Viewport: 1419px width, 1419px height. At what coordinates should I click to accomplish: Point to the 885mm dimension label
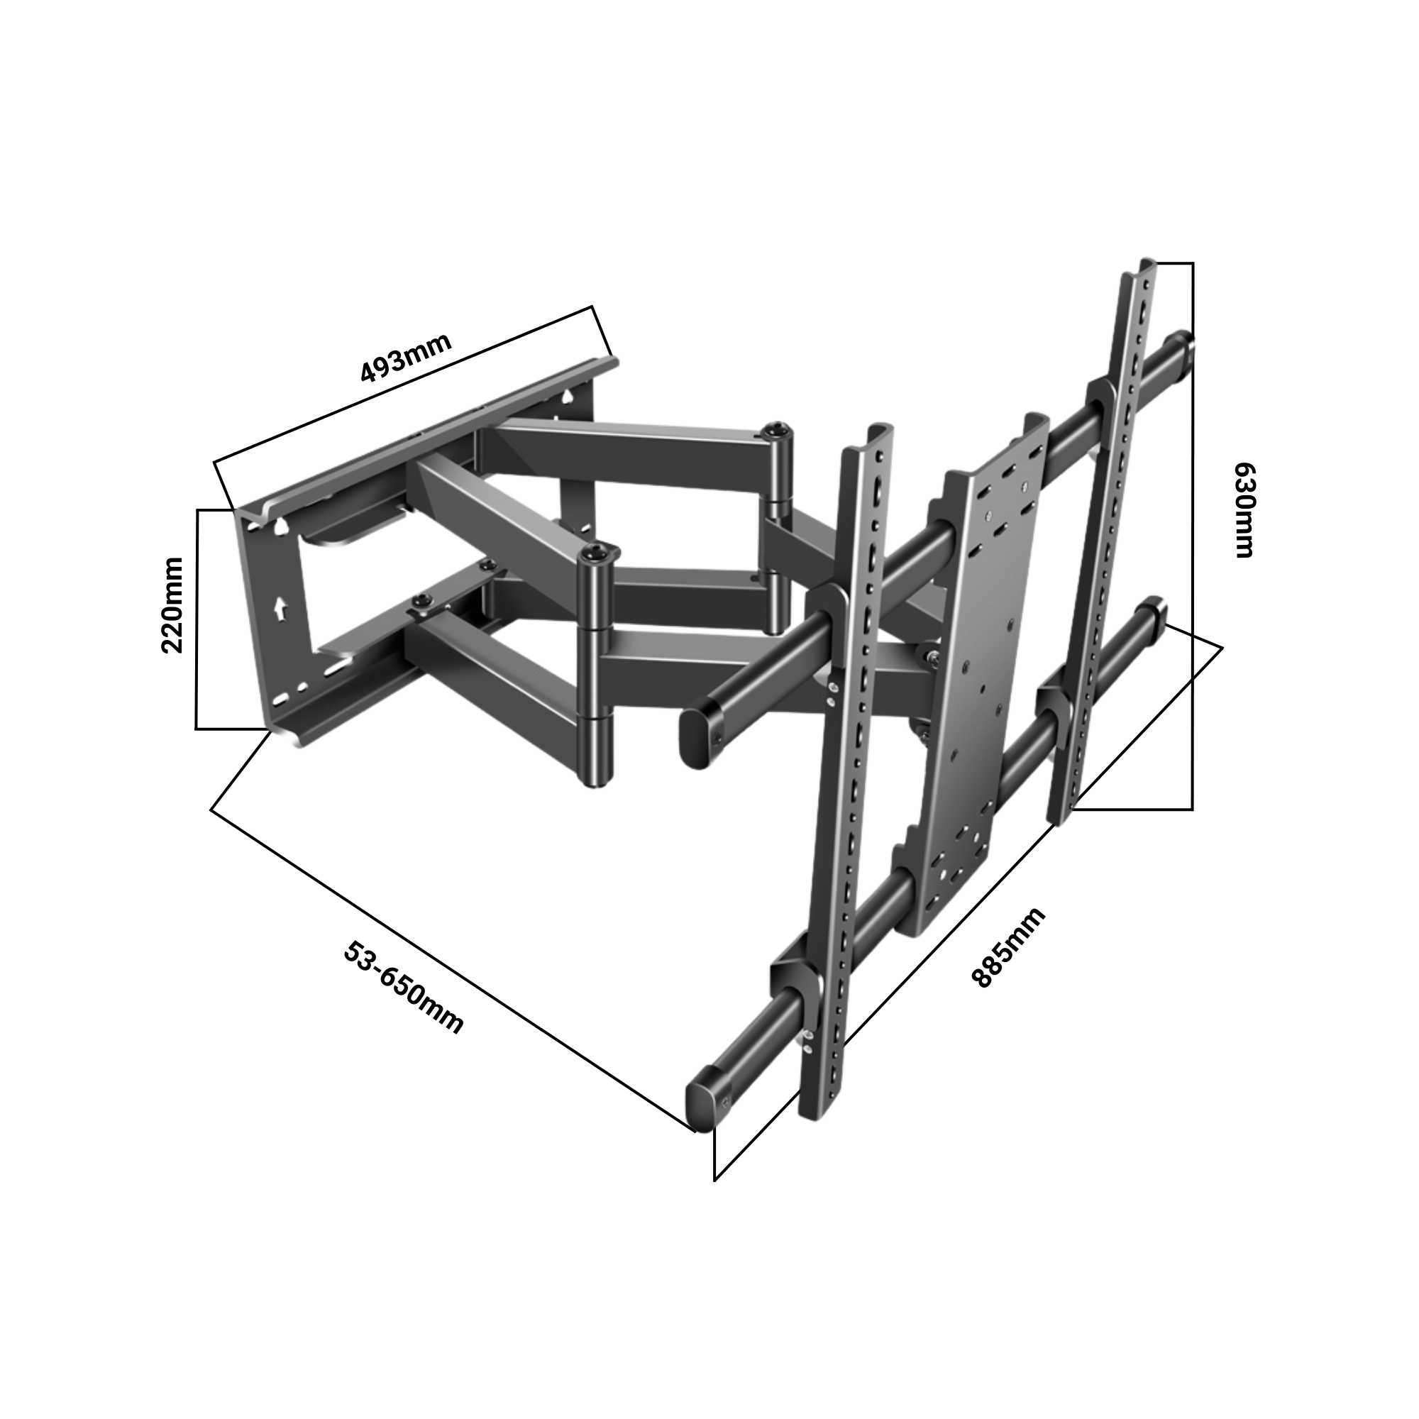(1008, 948)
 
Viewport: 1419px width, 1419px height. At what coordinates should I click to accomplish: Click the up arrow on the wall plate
(280, 607)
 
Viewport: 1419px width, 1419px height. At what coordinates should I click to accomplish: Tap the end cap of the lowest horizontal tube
(702, 1110)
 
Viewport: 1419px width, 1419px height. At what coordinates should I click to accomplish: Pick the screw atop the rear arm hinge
(777, 429)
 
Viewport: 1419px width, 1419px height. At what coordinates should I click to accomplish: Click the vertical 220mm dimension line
(197, 619)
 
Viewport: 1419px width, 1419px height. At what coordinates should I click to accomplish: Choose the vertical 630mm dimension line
(1192, 536)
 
